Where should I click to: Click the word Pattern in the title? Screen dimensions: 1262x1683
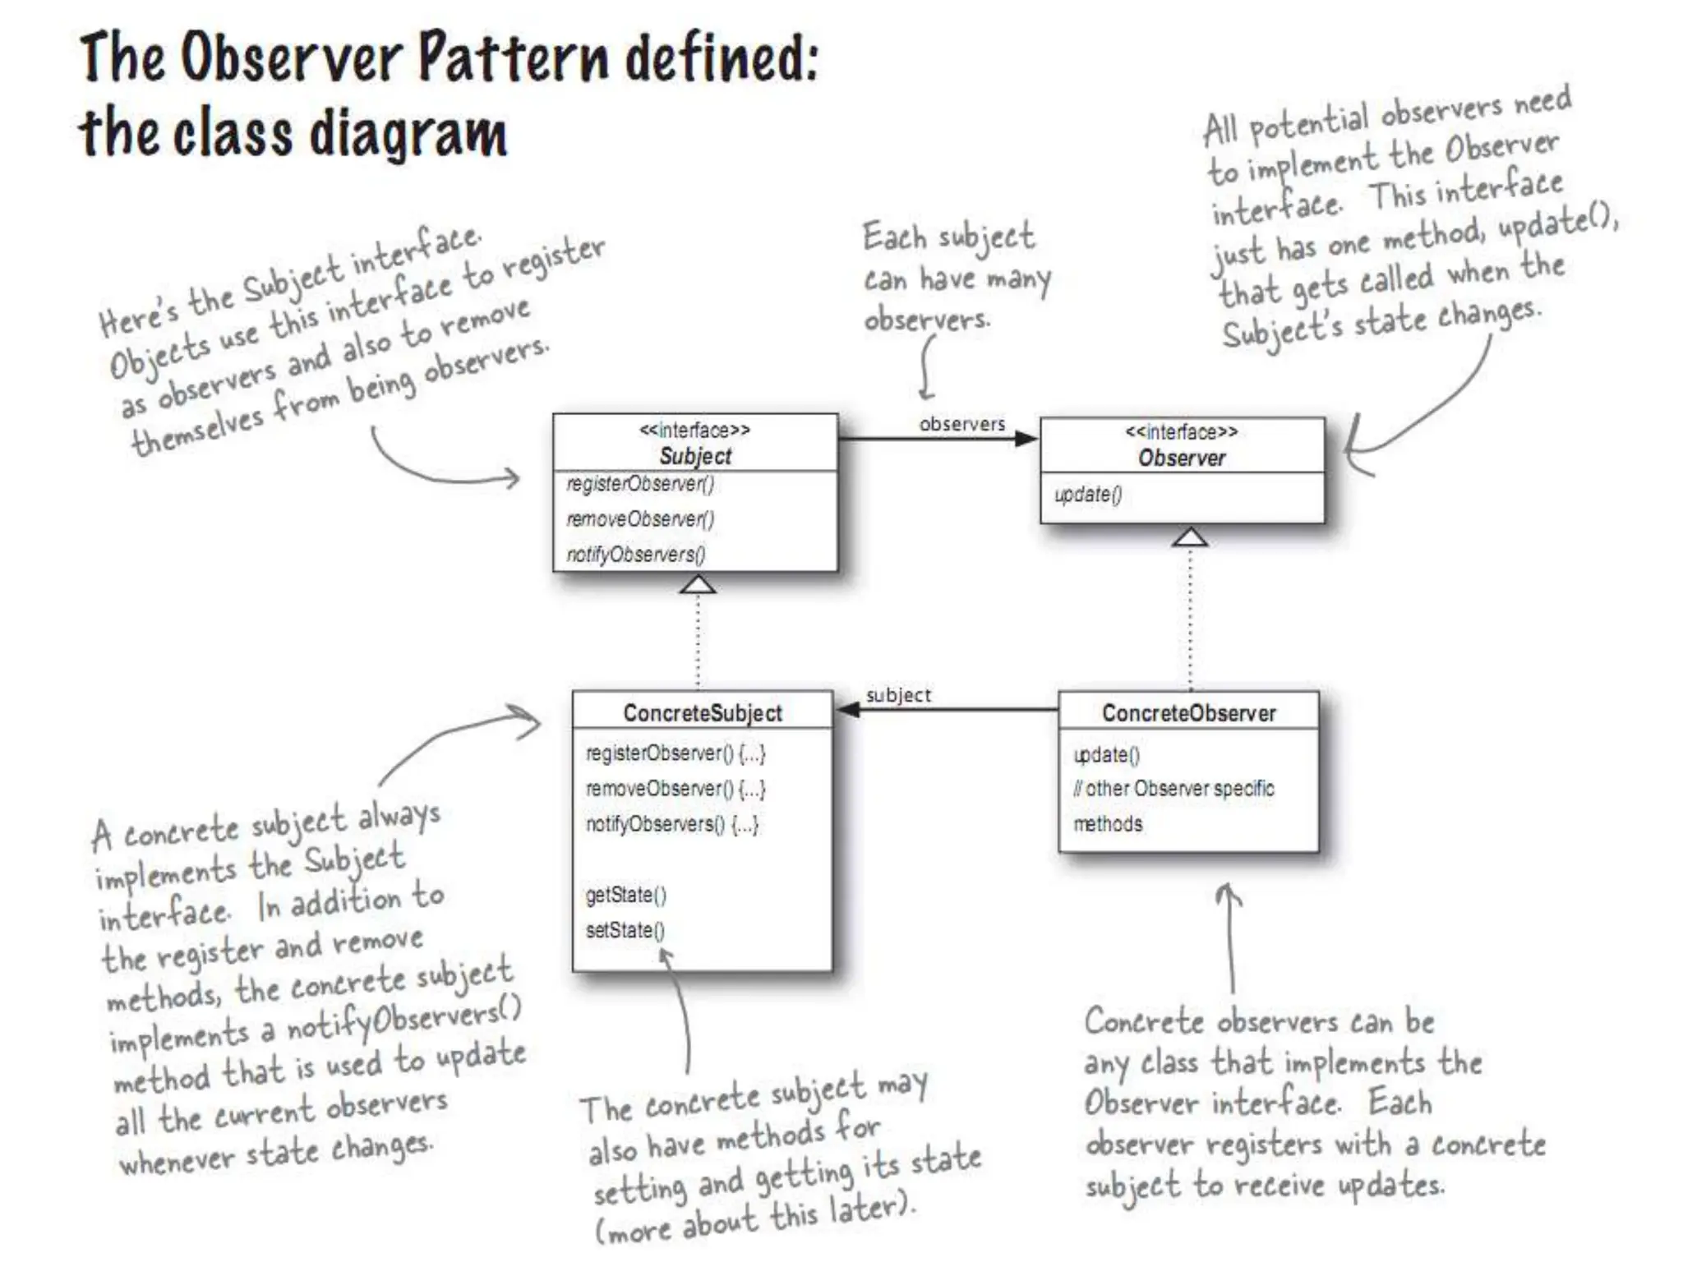[514, 58]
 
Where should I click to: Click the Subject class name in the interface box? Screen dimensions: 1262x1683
[695, 456]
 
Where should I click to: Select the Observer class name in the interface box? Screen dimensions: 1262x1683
[1181, 458]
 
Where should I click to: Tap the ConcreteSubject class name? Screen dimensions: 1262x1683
[703, 713]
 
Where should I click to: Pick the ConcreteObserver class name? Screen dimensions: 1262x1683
[1188, 713]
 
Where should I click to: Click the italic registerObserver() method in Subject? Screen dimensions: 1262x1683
[640, 485]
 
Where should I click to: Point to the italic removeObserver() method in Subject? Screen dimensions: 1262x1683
[640, 519]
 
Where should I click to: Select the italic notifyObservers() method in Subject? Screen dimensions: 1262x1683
[636, 555]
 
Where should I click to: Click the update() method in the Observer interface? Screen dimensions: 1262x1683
[1088, 495]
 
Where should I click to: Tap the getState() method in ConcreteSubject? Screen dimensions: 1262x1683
[625, 895]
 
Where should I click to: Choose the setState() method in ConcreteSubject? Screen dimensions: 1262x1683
[625, 930]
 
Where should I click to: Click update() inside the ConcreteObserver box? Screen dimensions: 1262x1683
[1106, 754]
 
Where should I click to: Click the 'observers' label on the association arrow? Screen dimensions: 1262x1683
[962, 424]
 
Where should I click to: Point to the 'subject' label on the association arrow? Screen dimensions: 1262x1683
[898, 695]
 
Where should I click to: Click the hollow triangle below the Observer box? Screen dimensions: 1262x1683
[1190, 537]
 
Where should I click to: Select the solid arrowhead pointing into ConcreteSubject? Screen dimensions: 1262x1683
[848, 709]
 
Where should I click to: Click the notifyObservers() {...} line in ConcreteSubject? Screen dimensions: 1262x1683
[672, 824]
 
